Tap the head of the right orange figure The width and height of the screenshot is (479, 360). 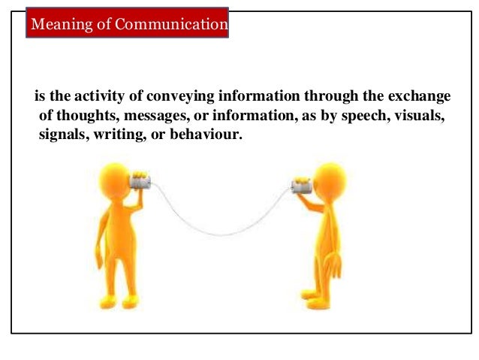329,181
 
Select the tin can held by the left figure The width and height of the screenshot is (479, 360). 139,181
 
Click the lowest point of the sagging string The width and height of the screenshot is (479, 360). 217,234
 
